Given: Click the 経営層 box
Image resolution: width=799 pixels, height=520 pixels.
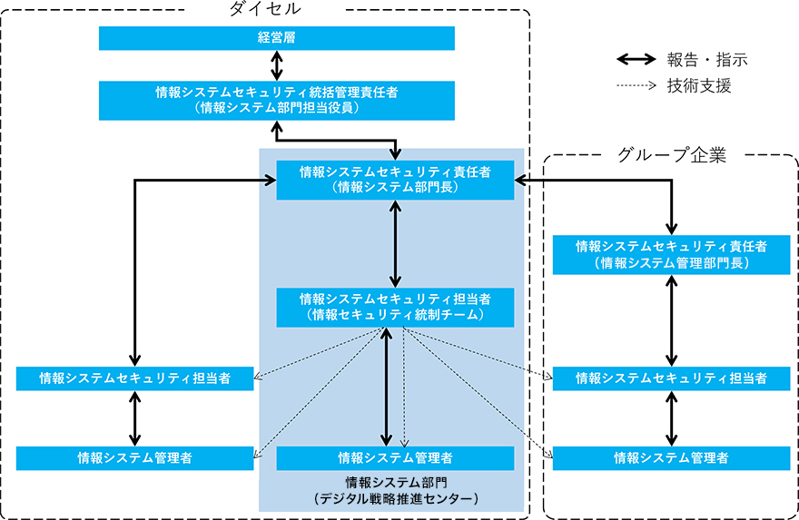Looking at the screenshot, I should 277,38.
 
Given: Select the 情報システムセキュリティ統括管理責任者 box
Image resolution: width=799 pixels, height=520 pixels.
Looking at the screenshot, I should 277,100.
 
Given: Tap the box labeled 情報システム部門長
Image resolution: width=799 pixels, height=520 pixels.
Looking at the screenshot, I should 395,180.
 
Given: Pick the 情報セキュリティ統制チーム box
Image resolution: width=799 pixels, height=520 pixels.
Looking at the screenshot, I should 395,307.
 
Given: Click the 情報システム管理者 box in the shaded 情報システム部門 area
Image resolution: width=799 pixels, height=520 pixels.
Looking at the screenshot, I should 395,458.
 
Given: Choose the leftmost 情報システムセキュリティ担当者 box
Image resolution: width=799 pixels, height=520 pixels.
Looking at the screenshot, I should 134,378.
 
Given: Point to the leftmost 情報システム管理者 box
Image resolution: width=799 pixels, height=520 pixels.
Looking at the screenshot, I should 134,458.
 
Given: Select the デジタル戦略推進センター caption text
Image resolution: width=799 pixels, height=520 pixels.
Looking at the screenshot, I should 395,499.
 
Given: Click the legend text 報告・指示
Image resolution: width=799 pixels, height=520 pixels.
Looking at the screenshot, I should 707,60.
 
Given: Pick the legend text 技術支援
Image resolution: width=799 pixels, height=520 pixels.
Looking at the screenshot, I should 699,86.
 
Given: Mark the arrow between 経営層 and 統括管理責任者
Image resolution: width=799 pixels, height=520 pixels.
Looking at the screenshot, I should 277,65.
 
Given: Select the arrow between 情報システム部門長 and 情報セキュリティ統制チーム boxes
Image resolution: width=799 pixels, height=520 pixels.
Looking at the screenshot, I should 395,243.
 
